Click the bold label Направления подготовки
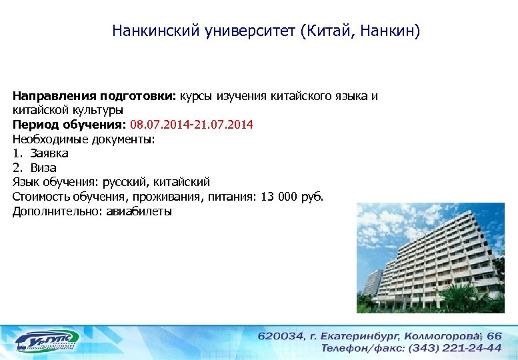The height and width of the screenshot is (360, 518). (x=93, y=95)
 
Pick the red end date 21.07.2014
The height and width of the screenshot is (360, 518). (x=222, y=124)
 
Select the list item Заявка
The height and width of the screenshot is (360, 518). (x=49, y=153)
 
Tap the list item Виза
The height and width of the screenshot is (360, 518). (x=43, y=167)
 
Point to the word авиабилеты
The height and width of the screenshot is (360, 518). (x=141, y=211)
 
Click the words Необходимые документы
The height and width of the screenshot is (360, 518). (x=83, y=139)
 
